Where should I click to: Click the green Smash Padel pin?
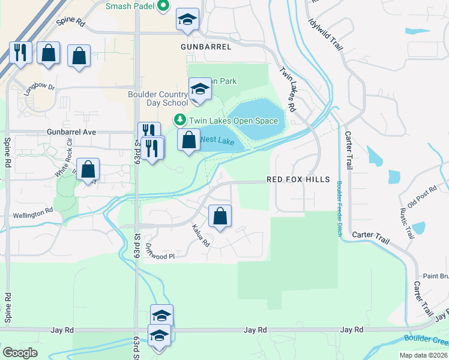(163, 7)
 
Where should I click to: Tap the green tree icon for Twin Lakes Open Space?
(179, 120)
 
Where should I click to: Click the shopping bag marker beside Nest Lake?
(189, 140)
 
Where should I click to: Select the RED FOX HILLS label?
(298, 179)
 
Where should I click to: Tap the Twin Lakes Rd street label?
(288, 89)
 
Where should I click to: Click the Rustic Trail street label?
(407, 221)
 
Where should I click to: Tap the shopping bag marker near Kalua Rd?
(220, 216)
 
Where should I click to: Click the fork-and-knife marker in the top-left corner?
(20, 53)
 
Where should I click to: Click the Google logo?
(20, 353)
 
